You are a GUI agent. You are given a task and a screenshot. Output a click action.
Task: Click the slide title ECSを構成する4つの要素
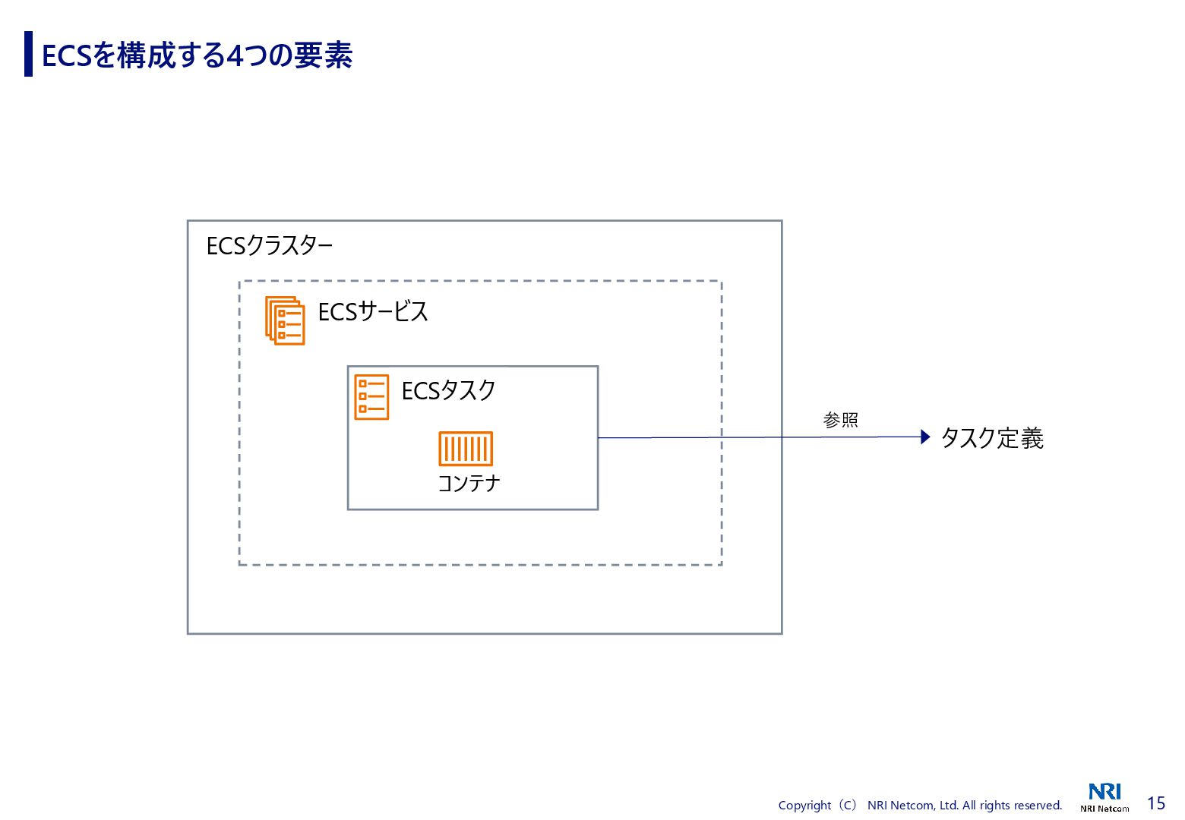click(x=197, y=55)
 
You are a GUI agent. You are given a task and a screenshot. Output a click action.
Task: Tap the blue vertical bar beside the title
click(x=28, y=54)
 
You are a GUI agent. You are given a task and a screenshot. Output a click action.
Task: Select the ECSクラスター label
click(x=270, y=246)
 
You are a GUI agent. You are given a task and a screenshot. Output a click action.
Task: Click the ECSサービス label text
click(x=373, y=312)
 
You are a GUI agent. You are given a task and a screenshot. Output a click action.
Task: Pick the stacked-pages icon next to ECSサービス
click(x=285, y=320)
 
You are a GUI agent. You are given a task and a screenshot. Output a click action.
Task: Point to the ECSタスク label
click(x=448, y=391)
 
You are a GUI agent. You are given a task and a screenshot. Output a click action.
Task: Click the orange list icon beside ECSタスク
click(x=371, y=397)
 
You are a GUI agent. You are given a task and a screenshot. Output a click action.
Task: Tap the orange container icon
click(x=466, y=449)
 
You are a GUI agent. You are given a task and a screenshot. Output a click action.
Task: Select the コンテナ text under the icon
click(x=469, y=484)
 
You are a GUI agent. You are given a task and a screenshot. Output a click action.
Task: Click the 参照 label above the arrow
click(x=840, y=420)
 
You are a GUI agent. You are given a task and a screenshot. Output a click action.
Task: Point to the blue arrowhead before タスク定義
click(x=924, y=437)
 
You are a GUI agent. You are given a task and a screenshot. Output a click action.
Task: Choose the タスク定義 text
click(x=992, y=438)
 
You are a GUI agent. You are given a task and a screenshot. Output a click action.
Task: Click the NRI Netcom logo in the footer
click(x=1104, y=797)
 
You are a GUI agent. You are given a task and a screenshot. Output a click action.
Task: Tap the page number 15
click(x=1155, y=803)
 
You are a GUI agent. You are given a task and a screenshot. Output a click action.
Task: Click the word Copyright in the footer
click(x=804, y=806)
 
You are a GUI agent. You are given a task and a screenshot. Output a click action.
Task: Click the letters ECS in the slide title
click(x=67, y=56)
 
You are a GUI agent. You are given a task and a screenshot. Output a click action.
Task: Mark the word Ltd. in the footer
click(x=949, y=806)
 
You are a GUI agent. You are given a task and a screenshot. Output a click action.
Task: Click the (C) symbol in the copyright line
click(x=848, y=806)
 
